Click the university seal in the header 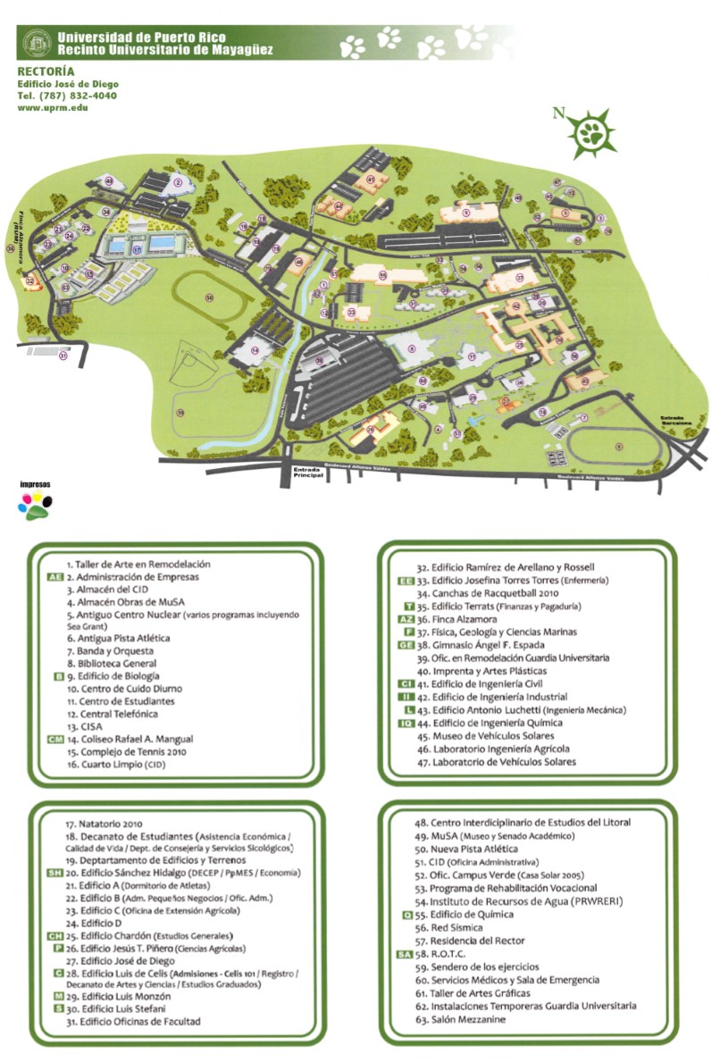[x=37, y=42]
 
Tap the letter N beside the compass [x=558, y=113]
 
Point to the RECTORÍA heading [x=46, y=71]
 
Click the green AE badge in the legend [x=54, y=577]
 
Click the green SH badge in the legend [x=54, y=873]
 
